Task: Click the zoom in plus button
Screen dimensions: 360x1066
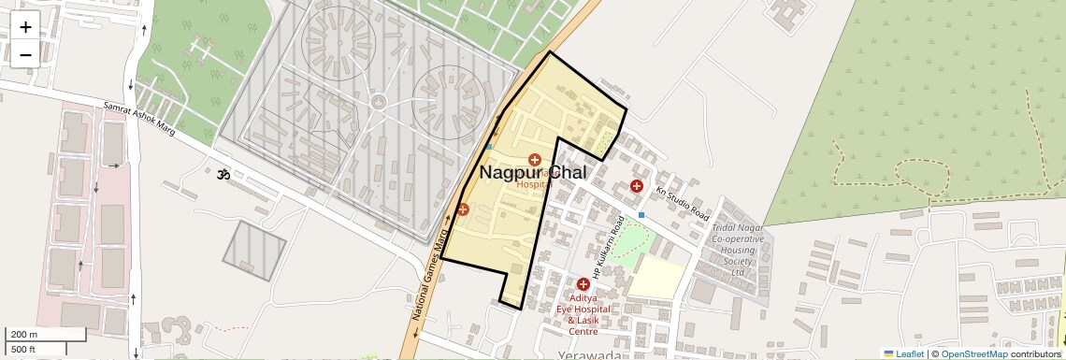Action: (x=25, y=27)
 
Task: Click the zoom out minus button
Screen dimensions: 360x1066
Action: (x=25, y=54)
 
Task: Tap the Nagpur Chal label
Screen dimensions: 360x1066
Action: (x=533, y=173)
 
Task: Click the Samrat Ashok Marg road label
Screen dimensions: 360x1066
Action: (x=139, y=116)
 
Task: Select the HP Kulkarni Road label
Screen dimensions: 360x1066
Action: (x=607, y=246)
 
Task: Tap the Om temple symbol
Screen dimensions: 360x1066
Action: (x=223, y=174)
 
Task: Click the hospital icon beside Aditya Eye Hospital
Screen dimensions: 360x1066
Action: (x=583, y=283)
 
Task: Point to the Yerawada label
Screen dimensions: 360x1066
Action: (x=589, y=355)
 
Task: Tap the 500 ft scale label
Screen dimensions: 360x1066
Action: (x=23, y=350)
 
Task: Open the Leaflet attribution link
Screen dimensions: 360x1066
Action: (x=904, y=353)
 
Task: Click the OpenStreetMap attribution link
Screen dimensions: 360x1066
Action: (x=973, y=353)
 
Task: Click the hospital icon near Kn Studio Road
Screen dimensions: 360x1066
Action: (x=636, y=186)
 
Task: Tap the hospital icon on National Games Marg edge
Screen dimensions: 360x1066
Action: (x=462, y=209)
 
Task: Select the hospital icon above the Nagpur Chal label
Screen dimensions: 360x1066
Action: (x=535, y=160)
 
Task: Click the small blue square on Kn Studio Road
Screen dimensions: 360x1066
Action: (x=641, y=215)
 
